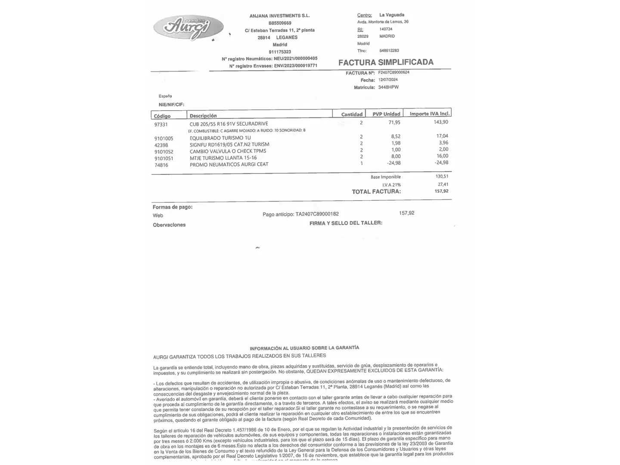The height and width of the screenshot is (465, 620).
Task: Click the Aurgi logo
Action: (x=188, y=28)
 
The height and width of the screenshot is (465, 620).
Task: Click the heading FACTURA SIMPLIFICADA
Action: (x=386, y=62)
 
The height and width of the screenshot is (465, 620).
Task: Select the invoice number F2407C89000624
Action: (x=394, y=72)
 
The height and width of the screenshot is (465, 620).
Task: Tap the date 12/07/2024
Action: (x=388, y=80)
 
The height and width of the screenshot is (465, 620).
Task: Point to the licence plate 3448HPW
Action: (x=388, y=87)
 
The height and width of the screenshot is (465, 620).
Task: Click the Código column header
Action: (x=162, y=116)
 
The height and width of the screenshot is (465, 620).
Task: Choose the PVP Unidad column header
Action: (x=386, y=114)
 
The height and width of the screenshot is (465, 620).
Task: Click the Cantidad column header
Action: (x=352, y=115)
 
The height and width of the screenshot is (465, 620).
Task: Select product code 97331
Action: (x=161, y=124)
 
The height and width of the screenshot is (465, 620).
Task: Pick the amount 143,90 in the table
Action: (x=441, y=122)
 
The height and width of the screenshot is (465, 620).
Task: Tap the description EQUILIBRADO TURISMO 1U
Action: (x=220, y=138)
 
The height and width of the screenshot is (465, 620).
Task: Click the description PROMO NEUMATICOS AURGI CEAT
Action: (x=229, y=164)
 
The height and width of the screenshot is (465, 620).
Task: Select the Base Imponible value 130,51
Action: (x=442, y=176)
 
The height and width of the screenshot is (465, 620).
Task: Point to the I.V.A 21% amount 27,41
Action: (x=443, y=184)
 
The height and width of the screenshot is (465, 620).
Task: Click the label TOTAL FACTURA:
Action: (x=376, y=192)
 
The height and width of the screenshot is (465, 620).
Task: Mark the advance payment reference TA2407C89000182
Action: (x=317, y=214)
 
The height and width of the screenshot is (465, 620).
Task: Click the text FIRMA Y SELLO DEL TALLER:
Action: (x=346, y=223)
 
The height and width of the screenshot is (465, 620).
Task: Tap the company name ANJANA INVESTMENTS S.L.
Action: (x=279, y=15)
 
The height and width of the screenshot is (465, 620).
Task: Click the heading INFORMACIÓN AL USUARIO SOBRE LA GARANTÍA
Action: (x=304, y=348)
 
